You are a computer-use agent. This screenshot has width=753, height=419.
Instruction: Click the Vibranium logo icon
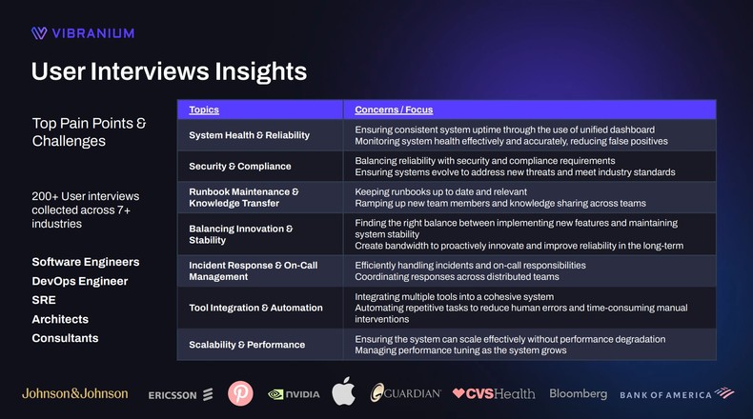pos(39,33)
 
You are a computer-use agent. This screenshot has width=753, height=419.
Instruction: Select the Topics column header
pos(203,110)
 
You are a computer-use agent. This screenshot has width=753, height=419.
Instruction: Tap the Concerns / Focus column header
pos(393,110)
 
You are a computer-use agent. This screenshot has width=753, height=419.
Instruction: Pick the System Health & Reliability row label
pos(249,135)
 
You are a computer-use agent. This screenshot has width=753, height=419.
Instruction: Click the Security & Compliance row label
pos(239,167)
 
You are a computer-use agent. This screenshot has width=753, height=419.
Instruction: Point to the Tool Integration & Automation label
pos(254,308)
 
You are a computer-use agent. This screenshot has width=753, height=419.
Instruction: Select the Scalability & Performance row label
pos(247,345)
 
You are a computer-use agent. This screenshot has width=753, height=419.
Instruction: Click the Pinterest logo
pos(240,393)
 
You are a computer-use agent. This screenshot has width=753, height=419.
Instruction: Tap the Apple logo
pos(343,391)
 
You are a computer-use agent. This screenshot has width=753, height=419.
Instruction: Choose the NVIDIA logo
pos(294,393)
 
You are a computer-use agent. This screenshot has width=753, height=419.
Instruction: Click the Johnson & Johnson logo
pos(74,393)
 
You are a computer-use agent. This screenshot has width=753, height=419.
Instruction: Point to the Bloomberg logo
pos(578,393)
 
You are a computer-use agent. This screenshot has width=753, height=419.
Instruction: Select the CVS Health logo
pos(493,393)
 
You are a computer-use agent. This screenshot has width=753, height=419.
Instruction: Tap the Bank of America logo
pos(676,393)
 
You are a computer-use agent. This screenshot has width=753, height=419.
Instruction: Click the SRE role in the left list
pos(44,300)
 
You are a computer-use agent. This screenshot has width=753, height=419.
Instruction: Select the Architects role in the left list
pos(60,319)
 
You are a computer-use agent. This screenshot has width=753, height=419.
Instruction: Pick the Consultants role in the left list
pos(65,338)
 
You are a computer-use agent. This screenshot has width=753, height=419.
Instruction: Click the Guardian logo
pos(405,393)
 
